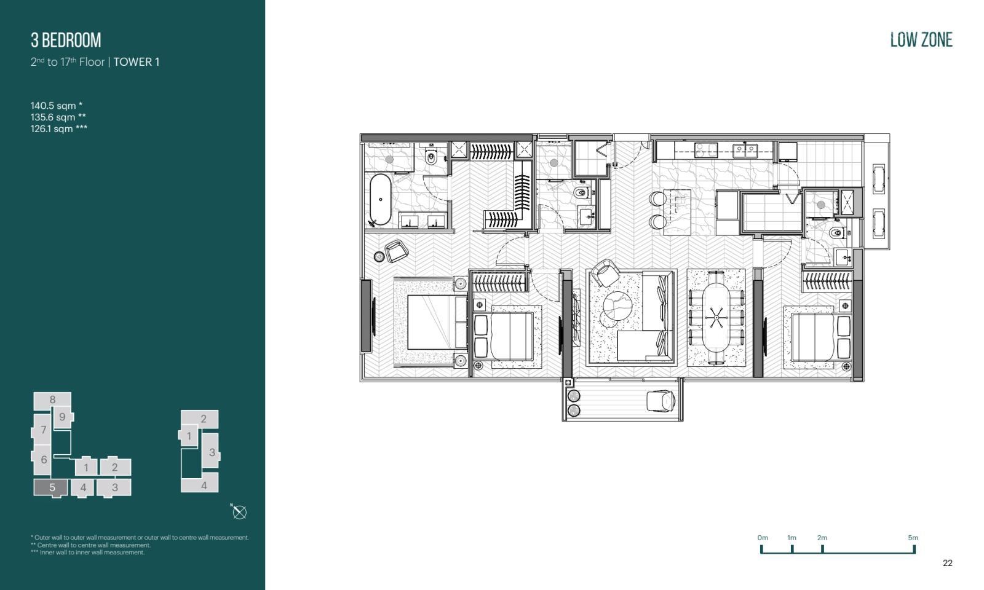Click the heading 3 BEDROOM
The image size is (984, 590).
66,41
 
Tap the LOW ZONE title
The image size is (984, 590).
921,40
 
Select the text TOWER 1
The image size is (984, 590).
136,62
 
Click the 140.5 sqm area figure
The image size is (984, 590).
57,105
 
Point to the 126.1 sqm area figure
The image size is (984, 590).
59,128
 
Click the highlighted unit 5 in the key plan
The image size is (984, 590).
52,487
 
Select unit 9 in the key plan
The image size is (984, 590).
63,417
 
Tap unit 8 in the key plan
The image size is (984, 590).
52,399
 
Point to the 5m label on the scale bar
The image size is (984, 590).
913,538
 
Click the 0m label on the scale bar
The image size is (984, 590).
763,538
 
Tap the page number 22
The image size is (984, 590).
948,563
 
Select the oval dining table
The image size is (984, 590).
716,318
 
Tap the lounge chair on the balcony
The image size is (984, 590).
661,401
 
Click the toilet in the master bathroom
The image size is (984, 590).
431,157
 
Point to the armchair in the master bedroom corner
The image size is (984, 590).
397,251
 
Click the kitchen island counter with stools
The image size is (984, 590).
677,211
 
